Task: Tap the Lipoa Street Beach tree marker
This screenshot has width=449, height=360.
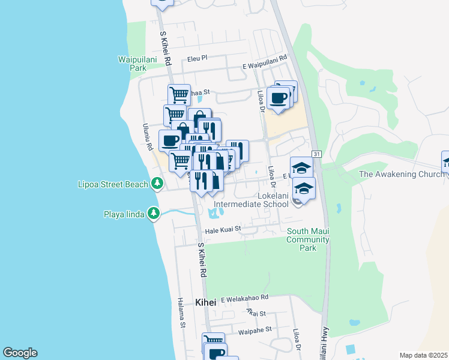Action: tap(157, 183)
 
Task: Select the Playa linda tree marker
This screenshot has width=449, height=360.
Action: tap(154, 213)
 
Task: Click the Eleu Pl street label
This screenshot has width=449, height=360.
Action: tap(197, 59)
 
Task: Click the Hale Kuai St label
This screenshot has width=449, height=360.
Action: tap(223, 229)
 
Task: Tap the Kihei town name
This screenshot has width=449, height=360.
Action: tap(205, 302)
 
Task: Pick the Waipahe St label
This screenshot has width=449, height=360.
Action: tap(255, 329)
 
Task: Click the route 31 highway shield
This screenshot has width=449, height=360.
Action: tap(317, 154)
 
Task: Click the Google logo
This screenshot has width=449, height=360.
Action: tap(20, 353)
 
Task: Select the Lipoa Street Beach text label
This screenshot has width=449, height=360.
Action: tap(113, 184)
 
